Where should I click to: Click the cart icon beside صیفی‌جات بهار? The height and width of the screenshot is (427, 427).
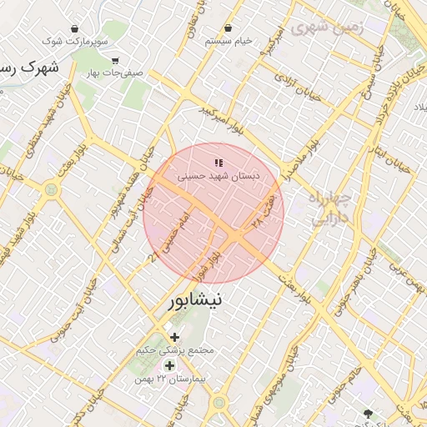point(114,60)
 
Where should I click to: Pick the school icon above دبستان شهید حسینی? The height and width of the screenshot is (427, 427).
point(219,163)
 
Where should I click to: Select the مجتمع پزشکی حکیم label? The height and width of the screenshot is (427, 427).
point(175,350)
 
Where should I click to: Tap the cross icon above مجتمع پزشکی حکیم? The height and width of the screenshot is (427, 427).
point(174,337)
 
